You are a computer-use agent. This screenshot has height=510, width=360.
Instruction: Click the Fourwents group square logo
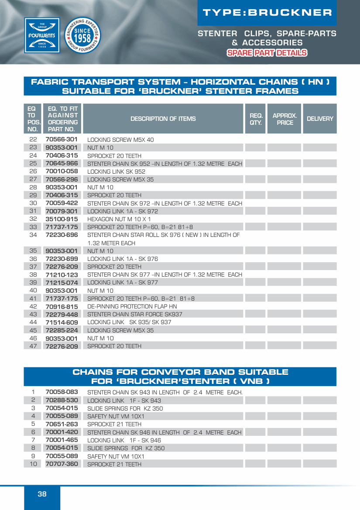point(42,35)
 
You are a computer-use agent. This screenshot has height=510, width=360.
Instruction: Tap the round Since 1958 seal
point(82,35)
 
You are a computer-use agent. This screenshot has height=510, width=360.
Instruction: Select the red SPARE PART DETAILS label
point(267,53)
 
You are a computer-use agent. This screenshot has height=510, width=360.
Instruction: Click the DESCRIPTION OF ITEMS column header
point(163,119)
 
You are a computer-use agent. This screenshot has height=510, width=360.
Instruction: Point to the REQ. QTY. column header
point(256,119)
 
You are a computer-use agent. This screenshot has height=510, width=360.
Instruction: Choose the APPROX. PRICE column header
point(285,119)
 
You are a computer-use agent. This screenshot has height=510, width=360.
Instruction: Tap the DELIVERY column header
point(320,119)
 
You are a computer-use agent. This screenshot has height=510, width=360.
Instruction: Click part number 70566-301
point(62,140)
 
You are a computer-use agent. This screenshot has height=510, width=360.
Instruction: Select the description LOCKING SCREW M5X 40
point(120,140)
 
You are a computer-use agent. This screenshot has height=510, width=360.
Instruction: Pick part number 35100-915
point(62,219)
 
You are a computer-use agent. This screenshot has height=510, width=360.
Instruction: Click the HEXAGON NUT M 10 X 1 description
point(119,219)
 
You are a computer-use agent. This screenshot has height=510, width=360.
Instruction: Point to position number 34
point(33,235)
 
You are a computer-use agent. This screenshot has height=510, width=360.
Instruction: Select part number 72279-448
point(62,314)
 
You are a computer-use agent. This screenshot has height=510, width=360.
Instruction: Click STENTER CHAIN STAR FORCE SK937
point(135,314)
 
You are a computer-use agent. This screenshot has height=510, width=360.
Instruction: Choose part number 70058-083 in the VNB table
point(62,392)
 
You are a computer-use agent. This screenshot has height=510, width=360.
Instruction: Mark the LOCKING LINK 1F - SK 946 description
point(124,440)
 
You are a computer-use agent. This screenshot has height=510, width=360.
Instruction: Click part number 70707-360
point(62,464)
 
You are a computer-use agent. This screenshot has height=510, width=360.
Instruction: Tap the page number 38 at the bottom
point(42,494)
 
